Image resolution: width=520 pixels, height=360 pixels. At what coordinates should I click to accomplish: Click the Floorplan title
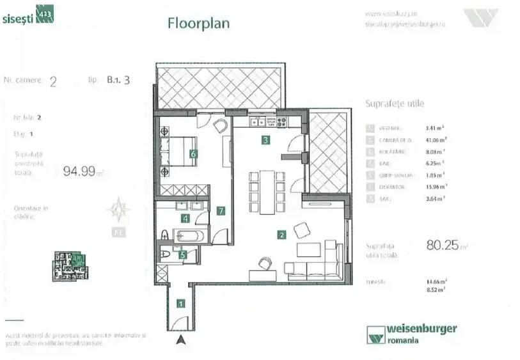198,24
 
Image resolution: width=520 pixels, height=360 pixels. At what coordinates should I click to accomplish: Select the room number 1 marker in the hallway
181,304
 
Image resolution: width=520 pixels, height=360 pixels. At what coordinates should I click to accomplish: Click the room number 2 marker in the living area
282,235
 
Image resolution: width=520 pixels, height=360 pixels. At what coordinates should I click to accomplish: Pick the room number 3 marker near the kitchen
264,141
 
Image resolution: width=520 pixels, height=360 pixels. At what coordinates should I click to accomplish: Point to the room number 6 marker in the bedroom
193,153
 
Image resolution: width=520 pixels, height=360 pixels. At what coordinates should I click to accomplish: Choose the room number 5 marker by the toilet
183,255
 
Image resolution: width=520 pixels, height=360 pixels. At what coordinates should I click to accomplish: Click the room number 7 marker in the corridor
220,210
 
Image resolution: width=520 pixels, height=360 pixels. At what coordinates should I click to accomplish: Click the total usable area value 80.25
442,244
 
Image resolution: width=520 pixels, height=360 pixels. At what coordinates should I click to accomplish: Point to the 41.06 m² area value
436,139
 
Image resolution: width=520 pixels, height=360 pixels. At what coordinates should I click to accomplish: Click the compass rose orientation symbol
118,209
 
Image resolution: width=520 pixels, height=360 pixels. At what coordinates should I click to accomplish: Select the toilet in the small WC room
166,254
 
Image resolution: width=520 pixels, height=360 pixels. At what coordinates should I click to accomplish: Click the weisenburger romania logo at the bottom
412,333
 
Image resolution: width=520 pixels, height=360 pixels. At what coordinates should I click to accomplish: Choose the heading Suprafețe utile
394,103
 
